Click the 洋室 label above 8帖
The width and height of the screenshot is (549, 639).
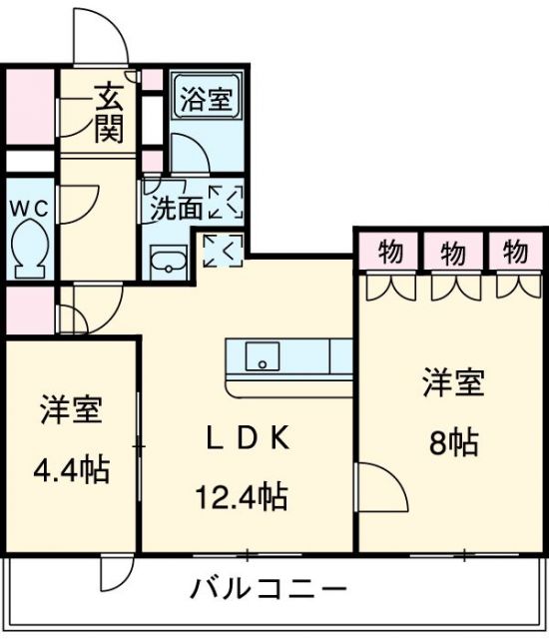pos(454,383)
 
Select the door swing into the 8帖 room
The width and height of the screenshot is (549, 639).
pos(380,486)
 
